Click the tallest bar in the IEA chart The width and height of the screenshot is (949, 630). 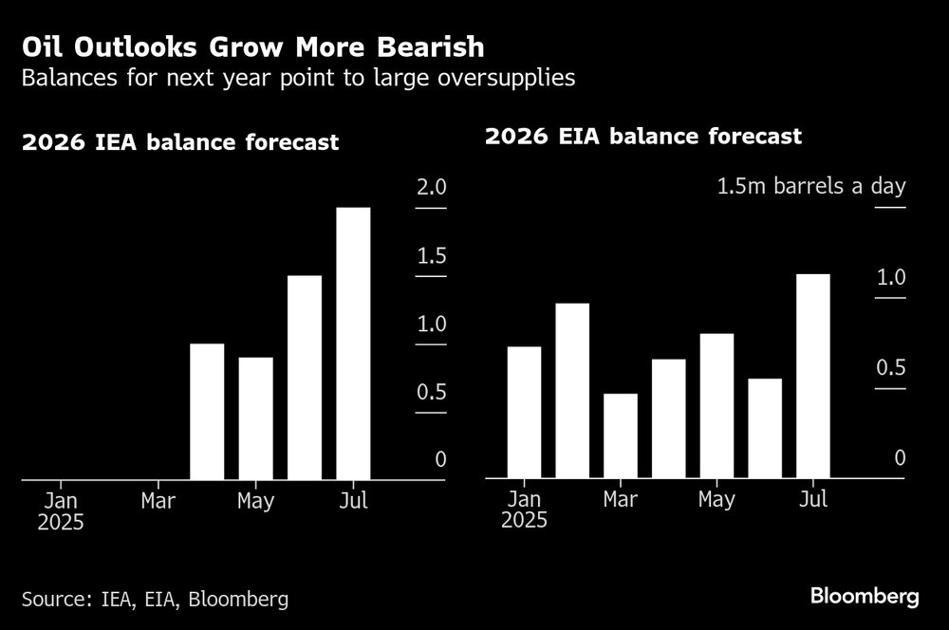[x=353, y=343]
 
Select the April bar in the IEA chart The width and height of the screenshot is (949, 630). [x=207, y=412]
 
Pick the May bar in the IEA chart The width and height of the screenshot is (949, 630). [x=255, y=418]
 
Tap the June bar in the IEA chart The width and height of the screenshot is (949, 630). [x=305, y=378]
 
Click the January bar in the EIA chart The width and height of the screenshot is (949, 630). [x=524, y=412]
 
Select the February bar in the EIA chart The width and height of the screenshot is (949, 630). [x=572, y=391]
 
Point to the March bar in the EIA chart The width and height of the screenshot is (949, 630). [x=621, y=435]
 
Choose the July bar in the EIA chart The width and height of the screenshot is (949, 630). [x=813, y=376]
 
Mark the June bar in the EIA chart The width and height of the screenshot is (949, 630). [x=765, y=428]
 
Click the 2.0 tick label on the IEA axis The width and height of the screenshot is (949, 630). [x=431, y=187]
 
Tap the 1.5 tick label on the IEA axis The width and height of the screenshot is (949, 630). [x=431, y=256]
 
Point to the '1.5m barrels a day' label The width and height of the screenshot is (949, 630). [x=810, y=186]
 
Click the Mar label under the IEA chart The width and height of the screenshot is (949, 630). [x=158, y=500]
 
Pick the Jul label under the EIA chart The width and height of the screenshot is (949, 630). [x=813, y=499]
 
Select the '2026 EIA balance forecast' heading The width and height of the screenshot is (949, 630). [x=643, y=137]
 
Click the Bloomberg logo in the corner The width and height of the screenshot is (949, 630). [x=865, y=596]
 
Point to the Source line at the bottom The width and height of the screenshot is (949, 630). [x=155, y=599]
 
